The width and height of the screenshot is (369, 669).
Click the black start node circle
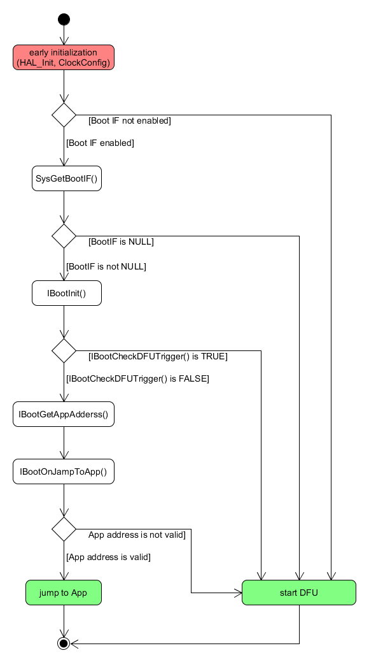(64, 19)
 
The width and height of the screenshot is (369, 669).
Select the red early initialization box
(64, 57)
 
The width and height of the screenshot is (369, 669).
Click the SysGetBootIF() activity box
(66, 178)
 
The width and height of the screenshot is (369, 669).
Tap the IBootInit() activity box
(66, 293)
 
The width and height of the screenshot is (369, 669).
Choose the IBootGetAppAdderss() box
(64, 414)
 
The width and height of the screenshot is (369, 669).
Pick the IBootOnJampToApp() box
(64, 471)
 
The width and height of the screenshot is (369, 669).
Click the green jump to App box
(64, 593)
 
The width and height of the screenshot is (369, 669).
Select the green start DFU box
(298, 593)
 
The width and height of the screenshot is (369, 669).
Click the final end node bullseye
(64, 643)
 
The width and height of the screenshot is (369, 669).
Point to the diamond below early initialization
(64, 115)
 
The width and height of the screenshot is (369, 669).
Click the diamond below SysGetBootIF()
(64, 236)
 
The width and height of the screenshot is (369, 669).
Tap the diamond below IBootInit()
(64, 350)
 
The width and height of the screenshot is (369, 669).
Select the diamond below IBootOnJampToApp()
(64, 529)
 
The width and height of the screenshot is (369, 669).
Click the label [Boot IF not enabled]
(130, 121)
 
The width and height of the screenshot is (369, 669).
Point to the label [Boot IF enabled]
(100, 143)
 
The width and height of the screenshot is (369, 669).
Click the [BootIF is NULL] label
(121, 242)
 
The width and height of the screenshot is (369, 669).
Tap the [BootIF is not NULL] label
(106, 267)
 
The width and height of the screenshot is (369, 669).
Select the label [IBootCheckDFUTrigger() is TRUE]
(158, 356)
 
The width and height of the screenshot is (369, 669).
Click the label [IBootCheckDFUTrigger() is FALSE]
(137, 378)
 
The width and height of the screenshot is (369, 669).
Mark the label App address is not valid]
(137, 535)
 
